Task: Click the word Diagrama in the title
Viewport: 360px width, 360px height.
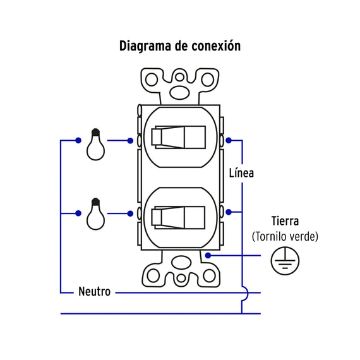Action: (145, 47)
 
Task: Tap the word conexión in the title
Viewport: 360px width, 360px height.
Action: (216, 45)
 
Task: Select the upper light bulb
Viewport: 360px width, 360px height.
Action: (96, 144)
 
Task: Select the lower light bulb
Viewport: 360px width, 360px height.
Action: (96, 213)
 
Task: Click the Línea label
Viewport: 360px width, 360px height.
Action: (241, 173)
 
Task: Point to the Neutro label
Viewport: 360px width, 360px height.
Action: (94, 292)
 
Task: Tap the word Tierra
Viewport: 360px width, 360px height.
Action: (285, 221)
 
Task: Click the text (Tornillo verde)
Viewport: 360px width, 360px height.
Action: (285, 236)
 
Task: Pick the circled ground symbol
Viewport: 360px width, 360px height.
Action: (285, 261)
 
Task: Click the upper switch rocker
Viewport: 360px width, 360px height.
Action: (178, 137)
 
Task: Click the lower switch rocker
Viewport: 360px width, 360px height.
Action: (178, 218)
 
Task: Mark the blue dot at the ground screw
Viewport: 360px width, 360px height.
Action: (208, 255)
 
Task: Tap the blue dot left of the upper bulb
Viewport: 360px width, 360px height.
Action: (78, 140)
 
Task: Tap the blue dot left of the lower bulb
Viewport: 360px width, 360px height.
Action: (78, 213)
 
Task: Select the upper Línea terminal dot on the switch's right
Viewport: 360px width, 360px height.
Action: (229, 140)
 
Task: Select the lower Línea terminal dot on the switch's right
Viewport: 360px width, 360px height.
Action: (229, 212)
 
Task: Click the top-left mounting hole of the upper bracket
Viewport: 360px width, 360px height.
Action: (152, 80)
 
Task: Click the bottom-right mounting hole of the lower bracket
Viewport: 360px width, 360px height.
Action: (209, 275)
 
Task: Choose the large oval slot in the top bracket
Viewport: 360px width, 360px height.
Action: (179, 92)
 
